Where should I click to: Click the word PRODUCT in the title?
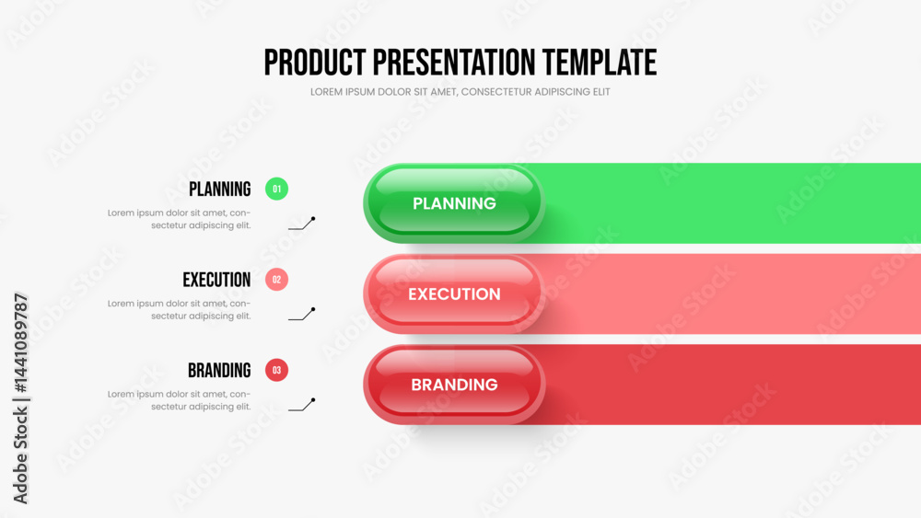coord(315,63)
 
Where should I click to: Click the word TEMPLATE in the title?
coord(600,63)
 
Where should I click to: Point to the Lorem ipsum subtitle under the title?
coord(460,92)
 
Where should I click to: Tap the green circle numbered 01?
coord(276,189)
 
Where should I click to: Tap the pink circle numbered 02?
coord(276,279)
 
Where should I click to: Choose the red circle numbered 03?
coord(276,370)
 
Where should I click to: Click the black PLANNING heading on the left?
coord(220,189)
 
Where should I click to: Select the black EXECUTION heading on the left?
coord(216,280)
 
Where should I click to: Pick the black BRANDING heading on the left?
coord(219,370)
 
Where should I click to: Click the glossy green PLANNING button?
coord(454,203)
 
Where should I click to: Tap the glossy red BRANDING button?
coord(454,385)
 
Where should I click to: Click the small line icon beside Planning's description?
coord(302,224)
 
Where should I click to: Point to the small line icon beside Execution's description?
coord(302,314)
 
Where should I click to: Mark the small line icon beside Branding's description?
coord(302,405)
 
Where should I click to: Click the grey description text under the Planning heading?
coord(180,219)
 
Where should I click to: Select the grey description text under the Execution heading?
coord(180,310)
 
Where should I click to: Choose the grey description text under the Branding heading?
coord(180,400)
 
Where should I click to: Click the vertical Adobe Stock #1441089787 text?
coord(20,398)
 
